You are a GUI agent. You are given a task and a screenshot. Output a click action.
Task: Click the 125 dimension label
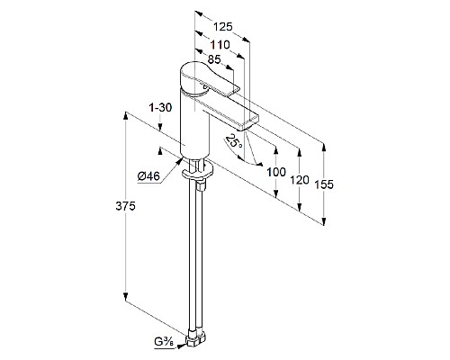[x=223, y=27]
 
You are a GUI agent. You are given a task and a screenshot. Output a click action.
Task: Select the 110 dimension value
[x=220, y=45]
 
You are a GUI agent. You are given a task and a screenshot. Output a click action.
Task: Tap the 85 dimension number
[x=214, y=59]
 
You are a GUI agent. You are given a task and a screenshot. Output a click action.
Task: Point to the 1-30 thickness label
[x=161, y=107]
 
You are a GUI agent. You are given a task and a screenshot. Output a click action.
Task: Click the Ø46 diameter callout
[x=148, y=176]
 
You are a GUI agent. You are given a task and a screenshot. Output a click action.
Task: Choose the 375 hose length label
[x=125, y=206]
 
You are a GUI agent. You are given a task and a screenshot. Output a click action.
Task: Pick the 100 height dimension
[x=276, y=172]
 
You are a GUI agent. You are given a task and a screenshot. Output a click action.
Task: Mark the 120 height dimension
[x=300, y=180]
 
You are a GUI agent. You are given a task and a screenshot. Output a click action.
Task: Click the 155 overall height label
[x=324, y=184]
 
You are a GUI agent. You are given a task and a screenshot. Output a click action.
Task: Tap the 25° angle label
[x=235, y=141]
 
